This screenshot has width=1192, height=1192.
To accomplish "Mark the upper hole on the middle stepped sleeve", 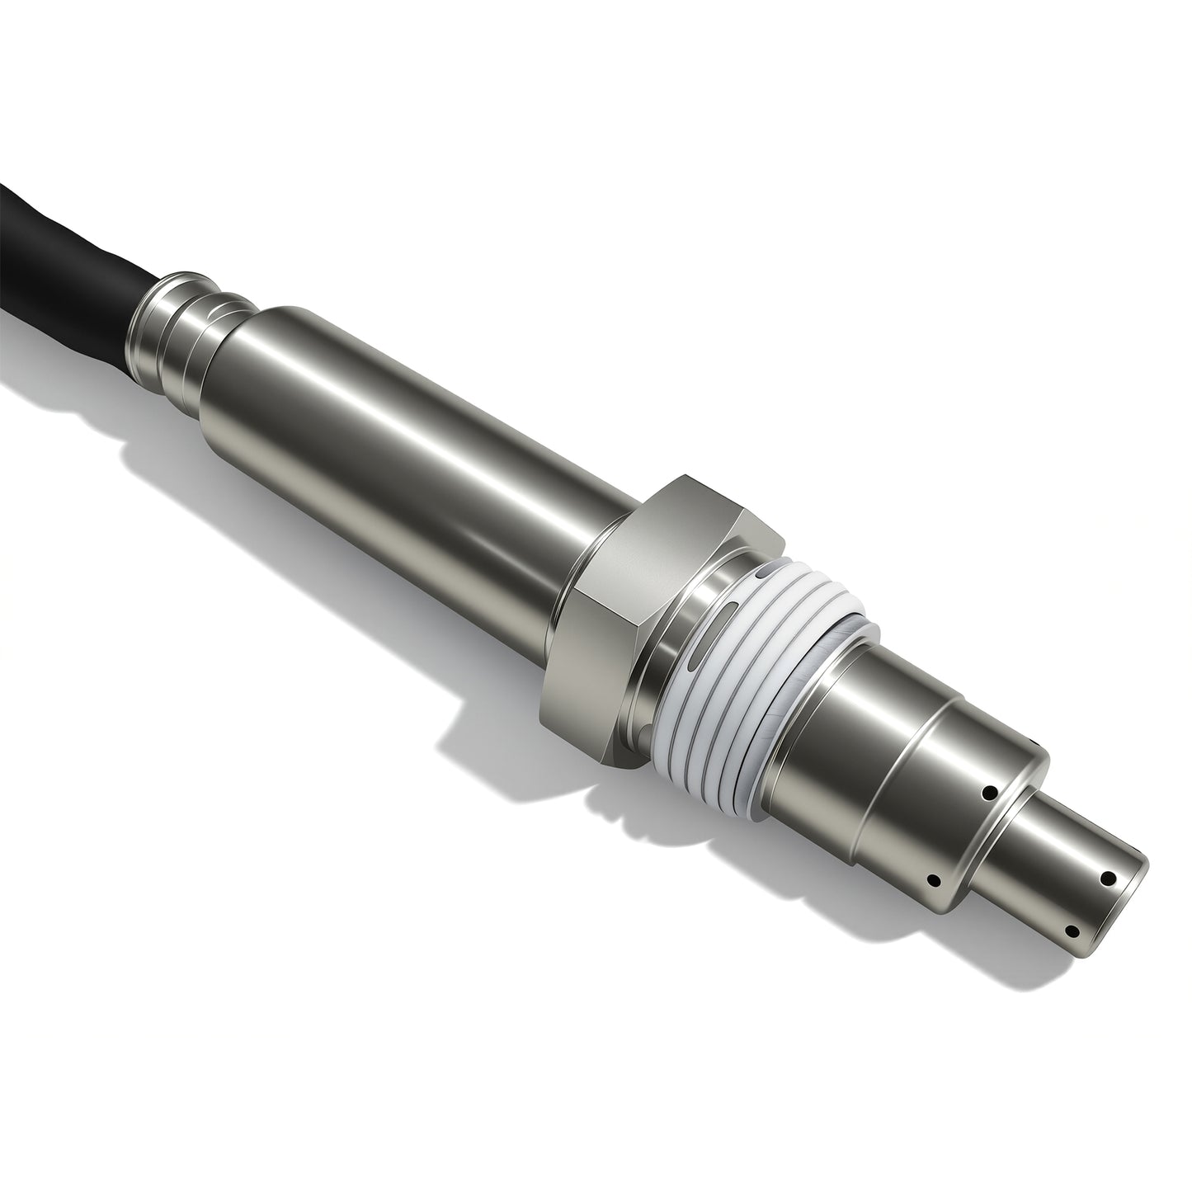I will click(987, 794).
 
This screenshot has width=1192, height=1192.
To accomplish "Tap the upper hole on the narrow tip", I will click(1109, 879).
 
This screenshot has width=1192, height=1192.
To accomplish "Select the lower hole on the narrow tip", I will click(1071, 931).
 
